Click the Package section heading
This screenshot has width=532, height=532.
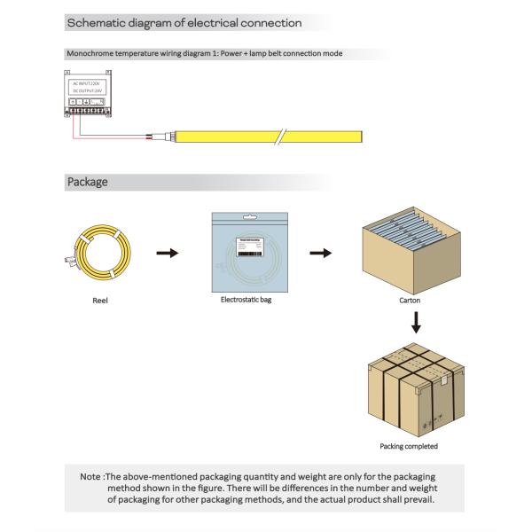(x=88, y=182)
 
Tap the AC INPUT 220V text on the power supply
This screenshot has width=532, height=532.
(x=89, y=82)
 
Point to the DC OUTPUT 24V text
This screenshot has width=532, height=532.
(x=89, y=91)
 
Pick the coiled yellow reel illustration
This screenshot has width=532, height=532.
(x=100, y=253)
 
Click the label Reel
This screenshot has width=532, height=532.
(x=100, y=301)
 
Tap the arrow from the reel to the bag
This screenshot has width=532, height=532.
(x=167, y=254)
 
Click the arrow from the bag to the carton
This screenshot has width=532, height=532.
(x=320, y=254)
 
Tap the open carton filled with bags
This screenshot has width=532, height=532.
(x=414, y=248)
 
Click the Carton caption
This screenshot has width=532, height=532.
(x=410, y=301)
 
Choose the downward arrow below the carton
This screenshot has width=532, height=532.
(x=415, y=325)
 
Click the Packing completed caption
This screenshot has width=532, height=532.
(x=409, y=446)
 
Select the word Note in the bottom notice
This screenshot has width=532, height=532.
(x=90, y=477)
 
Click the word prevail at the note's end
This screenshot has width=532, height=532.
(x=416, y=500)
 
